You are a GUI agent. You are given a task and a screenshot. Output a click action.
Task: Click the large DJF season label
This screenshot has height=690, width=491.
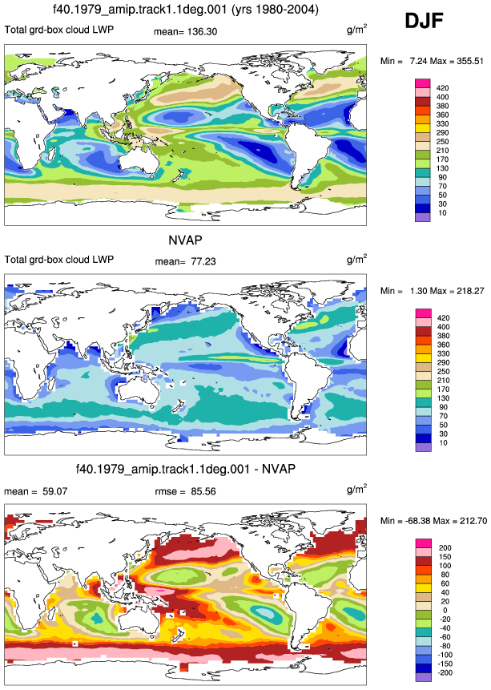click(x=424, y=20)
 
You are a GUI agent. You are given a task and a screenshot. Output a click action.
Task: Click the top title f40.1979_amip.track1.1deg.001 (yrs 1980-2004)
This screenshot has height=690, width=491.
click(x=186, y=10)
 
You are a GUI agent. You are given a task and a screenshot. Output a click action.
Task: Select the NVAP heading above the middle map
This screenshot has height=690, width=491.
click(x=185, y=240)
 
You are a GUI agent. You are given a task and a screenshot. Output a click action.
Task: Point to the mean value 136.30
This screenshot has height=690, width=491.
click(x=203, y=32)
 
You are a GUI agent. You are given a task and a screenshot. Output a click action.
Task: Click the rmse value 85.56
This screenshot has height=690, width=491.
click(x=203, y=491)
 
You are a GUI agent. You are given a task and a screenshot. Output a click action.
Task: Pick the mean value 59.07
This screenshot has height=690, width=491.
click(x=55, y=491)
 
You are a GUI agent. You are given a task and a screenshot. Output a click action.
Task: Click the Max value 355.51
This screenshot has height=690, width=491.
click(x=470, y=61)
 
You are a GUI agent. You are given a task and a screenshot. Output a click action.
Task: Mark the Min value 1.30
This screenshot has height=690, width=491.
click(x=418, y=291)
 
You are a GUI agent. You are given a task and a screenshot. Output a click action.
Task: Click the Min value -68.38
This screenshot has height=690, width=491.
click(x=418, y=521)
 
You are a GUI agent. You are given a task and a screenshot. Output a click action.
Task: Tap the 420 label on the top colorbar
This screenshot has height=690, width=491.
click(x=443, y=88)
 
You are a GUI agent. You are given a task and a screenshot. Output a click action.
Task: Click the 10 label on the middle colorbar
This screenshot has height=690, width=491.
click(x=443, y=442)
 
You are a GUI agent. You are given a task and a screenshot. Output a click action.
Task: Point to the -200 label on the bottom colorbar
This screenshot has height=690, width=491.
click(x=445, y=672)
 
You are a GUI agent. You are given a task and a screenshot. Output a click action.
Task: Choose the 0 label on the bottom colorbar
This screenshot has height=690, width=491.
click(x=445, y=610)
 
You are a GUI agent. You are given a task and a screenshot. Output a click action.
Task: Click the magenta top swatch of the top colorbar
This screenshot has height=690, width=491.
click(x=423, y=83)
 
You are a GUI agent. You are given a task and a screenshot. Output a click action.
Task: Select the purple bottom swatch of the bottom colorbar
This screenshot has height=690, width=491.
click(x=423, y=677)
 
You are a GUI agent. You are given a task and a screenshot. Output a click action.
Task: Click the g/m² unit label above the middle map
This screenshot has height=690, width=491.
click(x=356, y=259)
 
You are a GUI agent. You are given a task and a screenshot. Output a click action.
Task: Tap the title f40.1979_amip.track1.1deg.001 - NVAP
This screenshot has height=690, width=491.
click(x=186, y=469)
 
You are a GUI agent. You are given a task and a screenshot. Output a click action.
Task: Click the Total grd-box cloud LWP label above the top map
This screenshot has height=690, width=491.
click(x=59, y=30)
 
